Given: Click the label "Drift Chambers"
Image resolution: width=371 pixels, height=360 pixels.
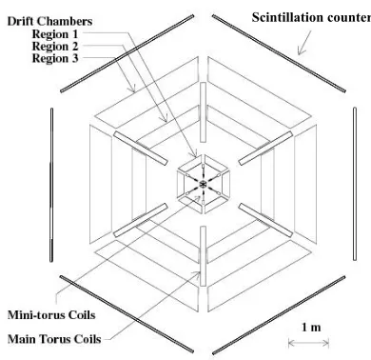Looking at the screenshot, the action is click(x=49, y=21).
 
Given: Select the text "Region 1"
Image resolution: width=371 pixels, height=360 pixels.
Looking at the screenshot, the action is click(x=55, y=33).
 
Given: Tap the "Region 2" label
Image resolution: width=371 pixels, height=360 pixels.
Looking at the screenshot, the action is click(x=55, y=47).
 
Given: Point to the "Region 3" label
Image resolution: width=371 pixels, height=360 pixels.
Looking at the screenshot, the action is click(x=55, y=58).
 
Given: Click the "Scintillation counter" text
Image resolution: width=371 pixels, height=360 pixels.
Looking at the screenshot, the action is click(x=311, y=17).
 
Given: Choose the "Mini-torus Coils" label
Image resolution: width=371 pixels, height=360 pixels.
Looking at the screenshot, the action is click(x=51, y=315).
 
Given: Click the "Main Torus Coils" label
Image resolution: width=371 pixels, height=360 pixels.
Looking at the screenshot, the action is click(x=54, y=339).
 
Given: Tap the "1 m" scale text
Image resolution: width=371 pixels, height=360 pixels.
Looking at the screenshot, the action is click(x=311, y=327).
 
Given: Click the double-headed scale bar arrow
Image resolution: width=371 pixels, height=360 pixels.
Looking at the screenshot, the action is click(x=308, y=343).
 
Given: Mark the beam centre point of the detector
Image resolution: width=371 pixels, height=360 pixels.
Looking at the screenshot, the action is click(x=203, y=184).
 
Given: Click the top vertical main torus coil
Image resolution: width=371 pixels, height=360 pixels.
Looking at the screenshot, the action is click(x=204, y=112).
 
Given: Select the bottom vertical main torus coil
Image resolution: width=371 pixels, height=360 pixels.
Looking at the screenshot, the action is click(x=204, y=256).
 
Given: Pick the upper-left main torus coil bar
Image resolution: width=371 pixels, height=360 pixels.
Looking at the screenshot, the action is click(x=141, y=149).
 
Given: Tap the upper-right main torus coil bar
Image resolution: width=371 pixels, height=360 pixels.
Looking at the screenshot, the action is click(x=265, y=149).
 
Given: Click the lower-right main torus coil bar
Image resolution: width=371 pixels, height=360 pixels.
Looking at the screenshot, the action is click(x=265, y=220).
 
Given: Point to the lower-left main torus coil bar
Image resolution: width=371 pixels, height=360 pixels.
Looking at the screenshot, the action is click(x=141, y=220).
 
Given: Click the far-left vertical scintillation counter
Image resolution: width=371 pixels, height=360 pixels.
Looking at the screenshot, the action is click(x=51, y=185).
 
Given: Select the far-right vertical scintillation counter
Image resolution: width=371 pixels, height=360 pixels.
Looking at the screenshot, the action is click(x=355, y=184).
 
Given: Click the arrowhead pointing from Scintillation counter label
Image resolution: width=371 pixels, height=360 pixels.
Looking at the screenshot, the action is click(x=300, y=51).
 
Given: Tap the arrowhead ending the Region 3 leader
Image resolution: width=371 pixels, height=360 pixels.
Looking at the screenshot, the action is click(x=133, y=90).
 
